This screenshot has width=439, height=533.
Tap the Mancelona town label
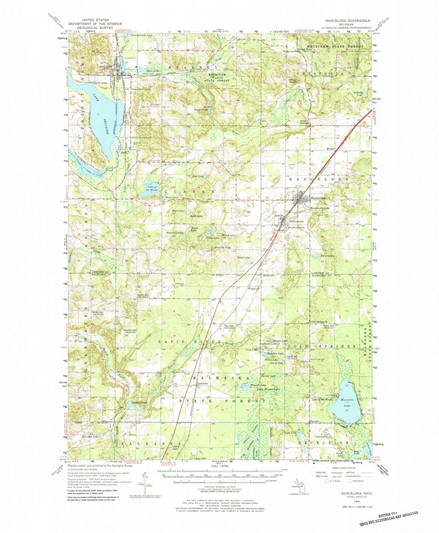click(318, 198)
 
